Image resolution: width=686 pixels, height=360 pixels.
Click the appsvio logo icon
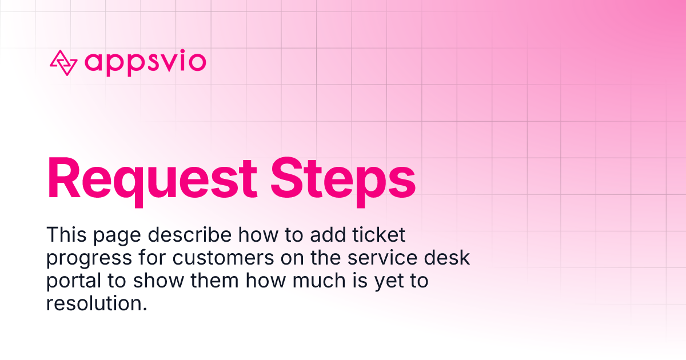point(63,63)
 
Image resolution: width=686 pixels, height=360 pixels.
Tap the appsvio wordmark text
point(145,62)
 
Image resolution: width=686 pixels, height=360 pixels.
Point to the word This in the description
point(64,234)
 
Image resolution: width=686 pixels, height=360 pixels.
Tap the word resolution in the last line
point(96,303)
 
